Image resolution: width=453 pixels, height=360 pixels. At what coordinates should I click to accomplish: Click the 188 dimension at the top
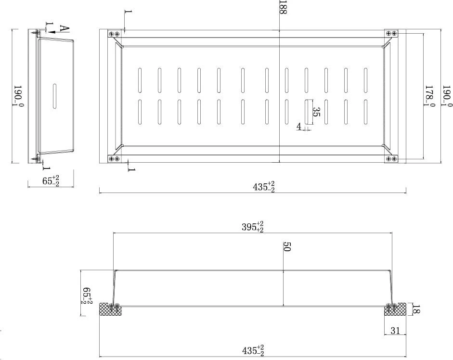coord(283,8)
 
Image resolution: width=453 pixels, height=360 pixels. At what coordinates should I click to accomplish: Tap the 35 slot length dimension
coord(317,112)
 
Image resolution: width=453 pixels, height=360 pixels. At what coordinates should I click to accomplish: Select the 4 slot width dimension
coord(299,126)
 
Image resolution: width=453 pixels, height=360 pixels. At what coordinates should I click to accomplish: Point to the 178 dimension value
coord(429,95)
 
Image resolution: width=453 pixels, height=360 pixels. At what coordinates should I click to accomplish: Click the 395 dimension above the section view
coord(253,227)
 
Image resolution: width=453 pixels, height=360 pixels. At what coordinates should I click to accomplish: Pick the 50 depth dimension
coord(286,247)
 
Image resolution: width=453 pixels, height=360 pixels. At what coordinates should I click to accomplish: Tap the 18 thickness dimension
coord(416,309)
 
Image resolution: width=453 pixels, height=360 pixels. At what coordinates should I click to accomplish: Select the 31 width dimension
coord(395,331)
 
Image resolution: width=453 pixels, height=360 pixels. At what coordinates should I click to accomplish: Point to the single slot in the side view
coord(54,96)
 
